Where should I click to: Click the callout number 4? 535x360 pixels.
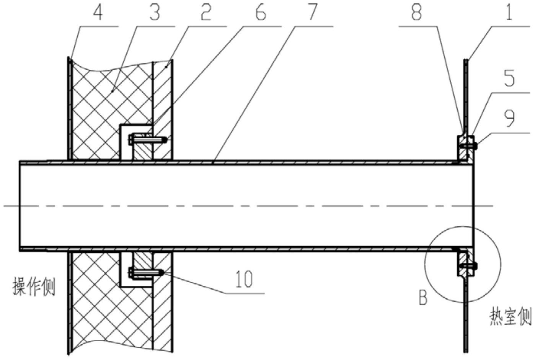click(98, 12)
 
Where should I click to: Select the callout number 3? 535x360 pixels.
click(155, 12)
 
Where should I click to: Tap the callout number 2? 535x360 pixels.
click(206, 12)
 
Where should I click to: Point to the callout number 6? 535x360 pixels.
click(261, 12)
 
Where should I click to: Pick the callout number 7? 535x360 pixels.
click(312, 12)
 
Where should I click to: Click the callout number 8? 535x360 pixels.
click(416, 12)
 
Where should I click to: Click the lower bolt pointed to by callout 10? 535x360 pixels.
click(146, 273)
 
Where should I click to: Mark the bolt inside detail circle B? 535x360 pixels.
click(468, 265)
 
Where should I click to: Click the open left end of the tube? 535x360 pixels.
click(20, 206)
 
